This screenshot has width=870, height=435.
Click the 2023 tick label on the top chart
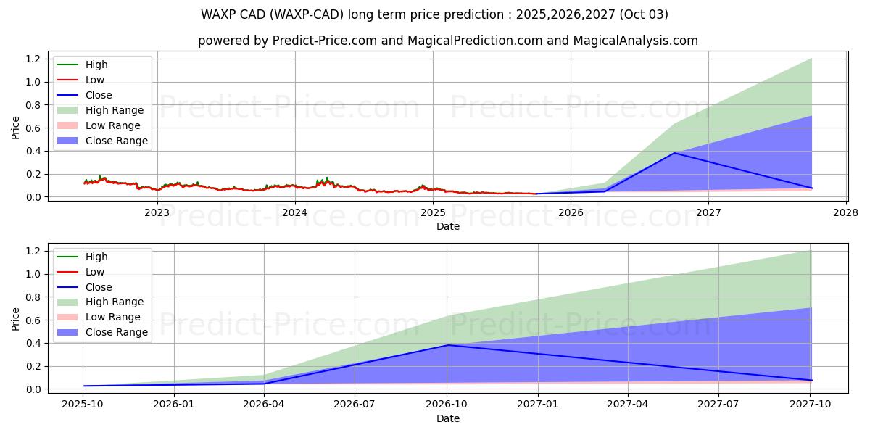click(157, 212)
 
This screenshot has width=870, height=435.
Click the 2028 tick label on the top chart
click(846, 212)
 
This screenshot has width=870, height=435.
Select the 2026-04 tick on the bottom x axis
click(264, 405)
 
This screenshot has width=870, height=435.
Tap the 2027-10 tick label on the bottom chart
click(810, 405)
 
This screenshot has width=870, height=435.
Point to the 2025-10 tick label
click(83, 405)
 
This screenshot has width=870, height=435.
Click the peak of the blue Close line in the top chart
click(674, 153)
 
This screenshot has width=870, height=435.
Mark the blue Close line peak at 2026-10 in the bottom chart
click(447, 345)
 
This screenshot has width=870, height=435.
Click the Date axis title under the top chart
click(447, 226)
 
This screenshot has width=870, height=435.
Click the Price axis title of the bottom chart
click(16, 318)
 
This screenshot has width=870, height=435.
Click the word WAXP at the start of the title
click(217, 14)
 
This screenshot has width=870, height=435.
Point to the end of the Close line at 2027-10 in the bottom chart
click(811, 380)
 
